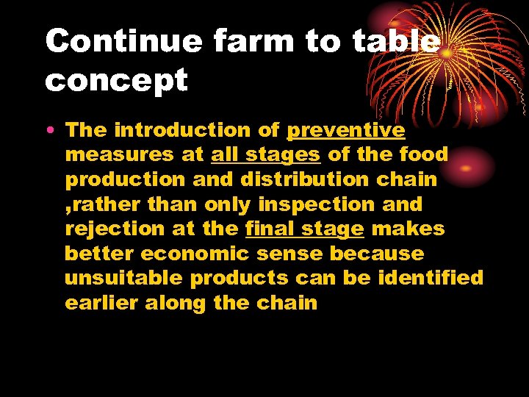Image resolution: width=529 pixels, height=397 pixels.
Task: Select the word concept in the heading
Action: click(x=116, y=79)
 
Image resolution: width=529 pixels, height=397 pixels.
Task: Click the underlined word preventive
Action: click(x=345, y=131)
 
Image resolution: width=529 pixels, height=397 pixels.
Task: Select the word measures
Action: click(x=118, y=155)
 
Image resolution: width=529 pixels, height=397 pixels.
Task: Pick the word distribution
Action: click(x=317, y=179)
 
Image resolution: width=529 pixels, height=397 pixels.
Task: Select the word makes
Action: click(x=408, y=229)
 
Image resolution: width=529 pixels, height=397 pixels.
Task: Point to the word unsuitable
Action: click(x=123, y=279)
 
